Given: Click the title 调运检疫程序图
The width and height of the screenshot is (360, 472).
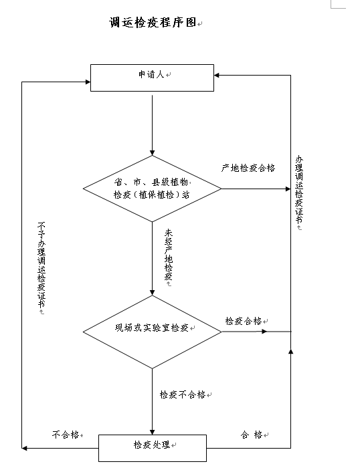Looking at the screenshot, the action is click(x=153, y=22).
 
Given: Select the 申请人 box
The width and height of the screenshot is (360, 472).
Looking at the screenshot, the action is click(x=152, y=78).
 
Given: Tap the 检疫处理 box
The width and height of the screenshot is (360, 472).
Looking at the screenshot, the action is click(x=153, y=448).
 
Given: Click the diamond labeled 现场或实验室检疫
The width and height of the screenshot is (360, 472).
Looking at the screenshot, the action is click(x=152, y=332).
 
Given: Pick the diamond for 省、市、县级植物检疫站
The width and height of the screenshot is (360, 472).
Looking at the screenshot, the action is click(x=152, y=189).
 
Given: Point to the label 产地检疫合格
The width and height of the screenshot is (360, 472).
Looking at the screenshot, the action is click(x=248, y=168).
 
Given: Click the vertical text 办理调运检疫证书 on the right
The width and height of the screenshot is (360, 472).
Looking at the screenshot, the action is click(x=299, y=190).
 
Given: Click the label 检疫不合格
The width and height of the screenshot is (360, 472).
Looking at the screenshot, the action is click(x=183, y=394).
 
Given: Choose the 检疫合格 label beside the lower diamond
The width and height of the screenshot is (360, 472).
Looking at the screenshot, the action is click(x=244, y=321).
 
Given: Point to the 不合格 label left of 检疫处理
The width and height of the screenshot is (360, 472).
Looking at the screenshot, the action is click(x=66, y=435).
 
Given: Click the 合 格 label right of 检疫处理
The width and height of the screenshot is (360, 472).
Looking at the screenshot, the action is click(x=252, y=435).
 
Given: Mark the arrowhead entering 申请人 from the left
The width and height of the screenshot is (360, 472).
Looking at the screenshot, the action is click(x=88, y=82).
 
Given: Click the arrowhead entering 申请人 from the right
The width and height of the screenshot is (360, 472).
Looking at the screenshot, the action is click(x=217, y=76).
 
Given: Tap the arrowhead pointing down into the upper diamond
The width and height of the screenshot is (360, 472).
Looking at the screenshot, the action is click(x=152, y=152).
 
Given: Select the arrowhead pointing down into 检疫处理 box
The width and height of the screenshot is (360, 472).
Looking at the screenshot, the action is click(x=152, y=432).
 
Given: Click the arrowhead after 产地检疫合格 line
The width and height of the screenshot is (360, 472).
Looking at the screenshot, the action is click(x=288, y=189).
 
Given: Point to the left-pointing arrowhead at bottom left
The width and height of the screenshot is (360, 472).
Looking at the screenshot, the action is click(x=25, y=448).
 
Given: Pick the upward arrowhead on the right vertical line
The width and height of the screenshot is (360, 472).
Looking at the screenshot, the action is click(x=290, y=351).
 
